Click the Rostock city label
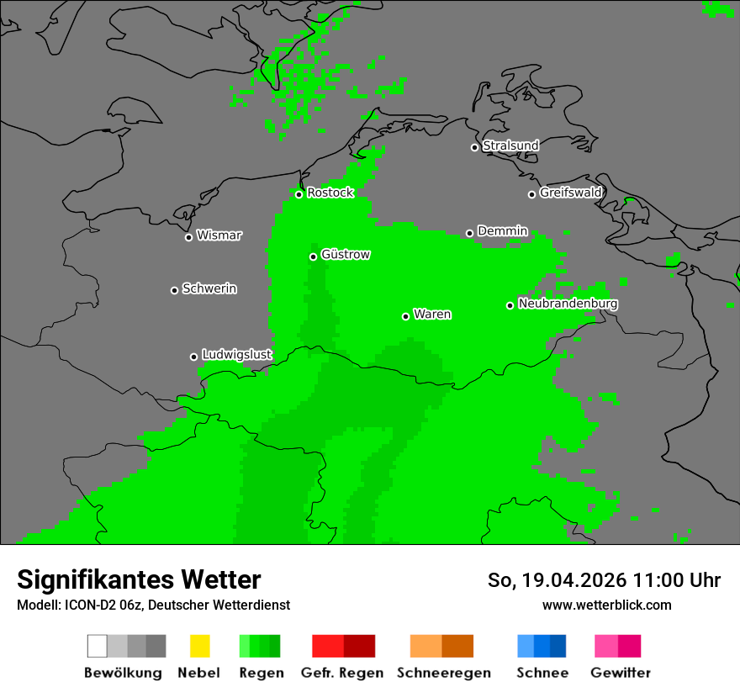330,193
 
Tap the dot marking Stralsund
474,147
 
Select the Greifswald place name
570,193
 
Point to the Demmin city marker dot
469,233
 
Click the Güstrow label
345,255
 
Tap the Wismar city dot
188,237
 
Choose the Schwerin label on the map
209,288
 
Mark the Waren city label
432,315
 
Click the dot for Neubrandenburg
510,305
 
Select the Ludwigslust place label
236,355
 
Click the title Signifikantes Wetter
139,579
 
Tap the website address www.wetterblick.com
606,605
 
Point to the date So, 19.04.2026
558,580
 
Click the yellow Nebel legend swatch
199,646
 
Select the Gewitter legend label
621,673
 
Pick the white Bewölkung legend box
98,646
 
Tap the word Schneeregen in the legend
443,673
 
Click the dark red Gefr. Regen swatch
359,646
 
